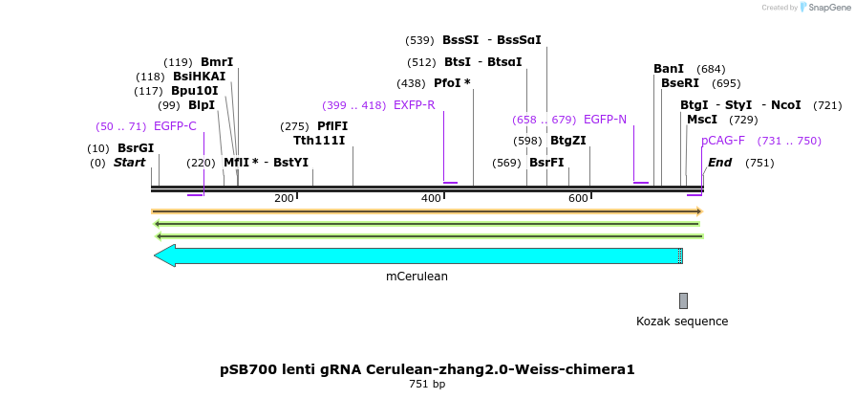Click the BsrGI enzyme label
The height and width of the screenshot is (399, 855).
(136, 148)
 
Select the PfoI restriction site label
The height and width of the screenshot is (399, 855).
(453, 83)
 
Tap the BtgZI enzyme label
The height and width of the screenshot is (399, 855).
(567, 141)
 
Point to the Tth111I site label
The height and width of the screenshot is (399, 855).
(320, 142)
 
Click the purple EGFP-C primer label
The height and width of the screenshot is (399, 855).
(175, 126)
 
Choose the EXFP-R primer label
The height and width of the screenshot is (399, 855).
(414, 105)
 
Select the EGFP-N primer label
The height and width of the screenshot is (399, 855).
(605, 120)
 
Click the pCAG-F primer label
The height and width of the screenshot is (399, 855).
(723, 141)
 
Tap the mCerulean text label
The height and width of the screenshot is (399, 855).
(417, 277)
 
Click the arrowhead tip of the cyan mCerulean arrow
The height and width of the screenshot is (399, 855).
(156, 255)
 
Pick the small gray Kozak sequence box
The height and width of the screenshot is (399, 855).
(683, 300)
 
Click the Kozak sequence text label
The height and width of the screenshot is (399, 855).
(682, 321)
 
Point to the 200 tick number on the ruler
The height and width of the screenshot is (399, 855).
(284, 198)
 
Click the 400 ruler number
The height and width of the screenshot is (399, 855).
(431, 198)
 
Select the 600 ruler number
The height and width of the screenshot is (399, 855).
(578, 198)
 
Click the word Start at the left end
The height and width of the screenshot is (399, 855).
(129, 163)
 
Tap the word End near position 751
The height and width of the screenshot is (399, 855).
(719, 163)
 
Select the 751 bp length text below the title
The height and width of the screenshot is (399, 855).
(426, 385)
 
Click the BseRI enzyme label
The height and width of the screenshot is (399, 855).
(680, 83)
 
